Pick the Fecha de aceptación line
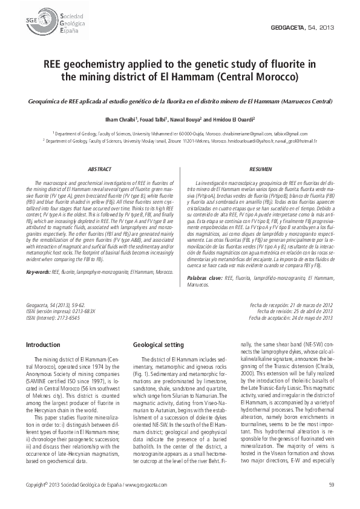point(291,318)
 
